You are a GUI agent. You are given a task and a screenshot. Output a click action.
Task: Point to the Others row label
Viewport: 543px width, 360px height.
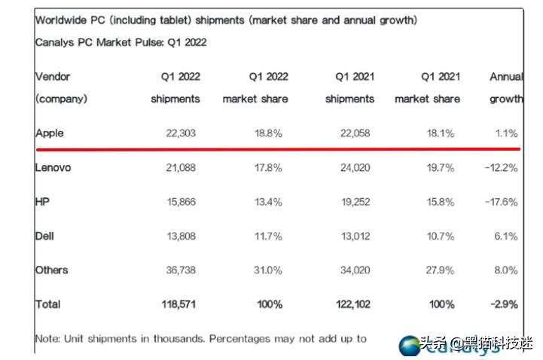coord(51,270)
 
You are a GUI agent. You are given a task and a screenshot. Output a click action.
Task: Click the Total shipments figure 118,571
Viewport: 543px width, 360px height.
coord(179,305)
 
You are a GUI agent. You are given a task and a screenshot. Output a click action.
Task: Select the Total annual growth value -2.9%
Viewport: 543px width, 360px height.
coord(503,305)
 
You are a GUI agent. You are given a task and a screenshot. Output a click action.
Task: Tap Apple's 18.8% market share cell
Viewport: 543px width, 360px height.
coord(267,133)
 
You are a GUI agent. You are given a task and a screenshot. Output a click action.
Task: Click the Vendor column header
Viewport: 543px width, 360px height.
coord(53,77)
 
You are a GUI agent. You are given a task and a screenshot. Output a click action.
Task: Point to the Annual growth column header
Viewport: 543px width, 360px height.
coord(506,77)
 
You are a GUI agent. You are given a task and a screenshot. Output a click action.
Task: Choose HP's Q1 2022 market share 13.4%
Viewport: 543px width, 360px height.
coord(267,202)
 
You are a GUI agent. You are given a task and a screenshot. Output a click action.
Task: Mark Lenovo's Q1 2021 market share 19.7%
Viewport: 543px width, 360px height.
coord(439,168)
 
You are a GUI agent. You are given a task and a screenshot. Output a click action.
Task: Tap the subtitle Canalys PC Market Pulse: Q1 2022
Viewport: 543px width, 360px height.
coord(120,43)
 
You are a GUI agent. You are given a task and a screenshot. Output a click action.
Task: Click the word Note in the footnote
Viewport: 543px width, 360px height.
coord(47,339)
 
